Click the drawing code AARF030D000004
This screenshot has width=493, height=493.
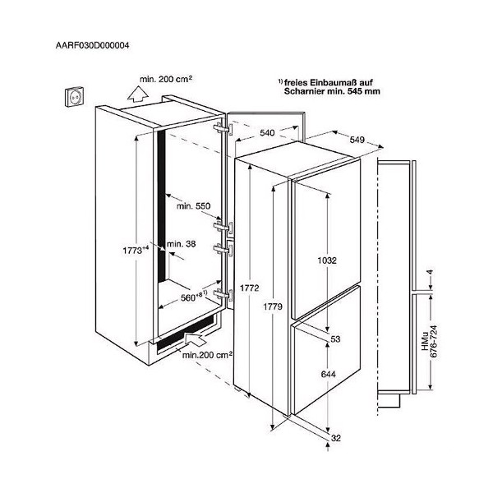92,45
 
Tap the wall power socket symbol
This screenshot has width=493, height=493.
74,97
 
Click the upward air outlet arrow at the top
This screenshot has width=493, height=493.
138,94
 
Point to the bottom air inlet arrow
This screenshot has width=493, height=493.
195,340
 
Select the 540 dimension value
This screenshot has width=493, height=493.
267,133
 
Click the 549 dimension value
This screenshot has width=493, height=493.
357,140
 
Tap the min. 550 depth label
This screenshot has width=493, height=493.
193,206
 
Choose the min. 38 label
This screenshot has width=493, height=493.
181,244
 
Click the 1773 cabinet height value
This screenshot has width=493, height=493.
136,251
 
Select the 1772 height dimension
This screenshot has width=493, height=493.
249,288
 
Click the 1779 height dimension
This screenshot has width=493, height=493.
273,306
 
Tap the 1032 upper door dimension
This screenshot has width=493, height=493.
327,260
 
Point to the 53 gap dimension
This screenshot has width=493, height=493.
335,339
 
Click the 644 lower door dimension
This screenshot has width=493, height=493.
328,374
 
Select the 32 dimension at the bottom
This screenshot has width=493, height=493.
336,438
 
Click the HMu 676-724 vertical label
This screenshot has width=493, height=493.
430,341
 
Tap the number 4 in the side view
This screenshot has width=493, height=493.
431,272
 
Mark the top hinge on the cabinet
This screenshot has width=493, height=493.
223,129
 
